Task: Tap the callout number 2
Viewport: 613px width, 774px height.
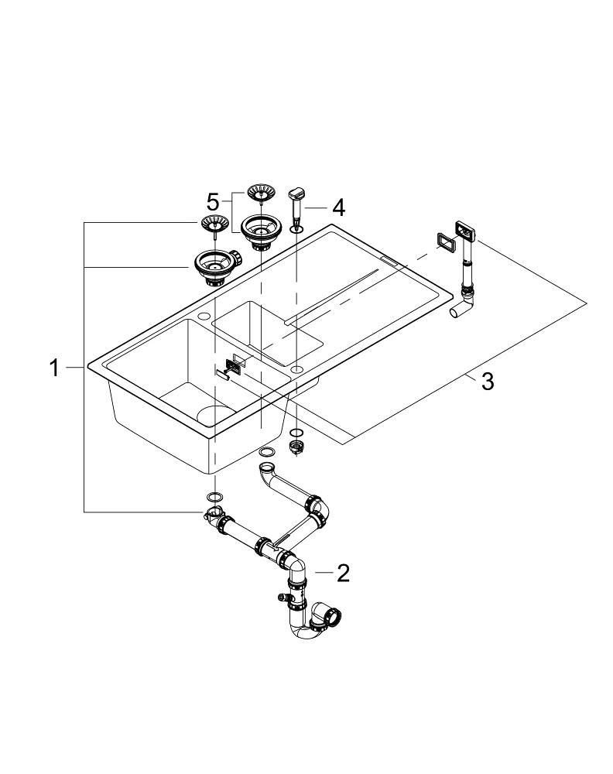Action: [x=343, y=573]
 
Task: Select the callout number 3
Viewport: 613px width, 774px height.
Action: [x=487, y=382]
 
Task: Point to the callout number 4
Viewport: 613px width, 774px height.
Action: [x=337, y=207]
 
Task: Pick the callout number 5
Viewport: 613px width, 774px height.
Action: [x=213, y=202]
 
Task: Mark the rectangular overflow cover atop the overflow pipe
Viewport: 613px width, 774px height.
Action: [x=466, y=229]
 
